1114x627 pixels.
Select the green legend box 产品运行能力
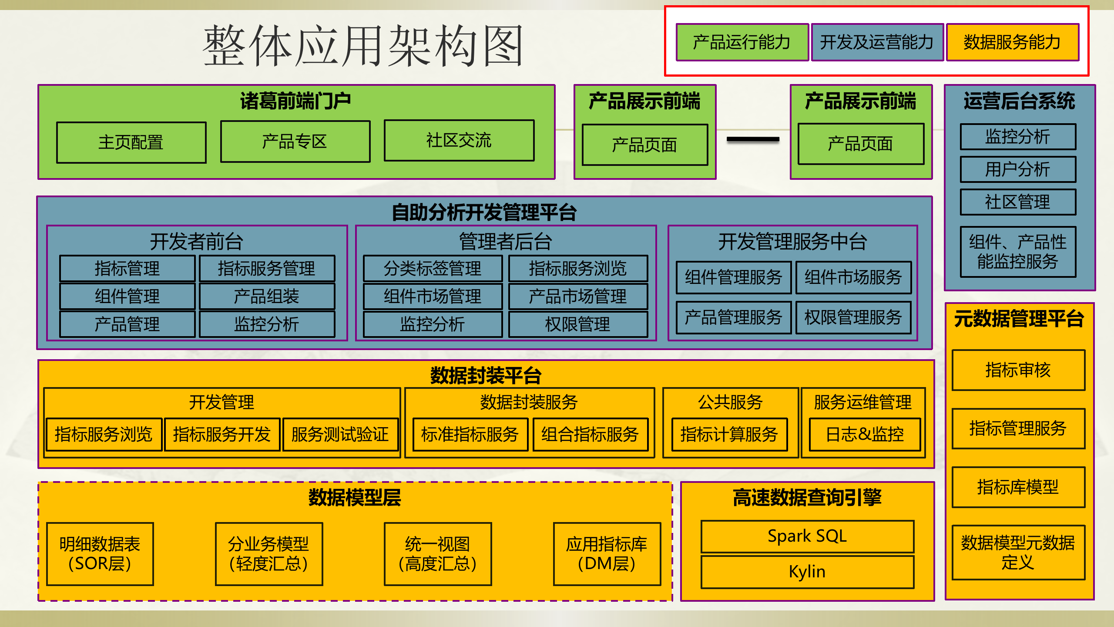(x=742, y=42)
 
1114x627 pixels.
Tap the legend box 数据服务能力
(x=1012, y=42)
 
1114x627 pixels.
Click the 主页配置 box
(x=131, y=142)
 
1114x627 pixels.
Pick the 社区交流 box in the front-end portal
(x=459, y=141)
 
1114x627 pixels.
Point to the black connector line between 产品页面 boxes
(x=753, y=139)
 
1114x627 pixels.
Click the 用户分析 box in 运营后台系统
(x=1018, y=169)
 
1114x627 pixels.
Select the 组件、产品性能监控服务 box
(x=1018, y=252)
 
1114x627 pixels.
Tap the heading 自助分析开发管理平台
(x=484, y=212)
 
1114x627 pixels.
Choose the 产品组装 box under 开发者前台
(x=267, y=297)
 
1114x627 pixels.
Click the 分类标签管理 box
(x=433, y=268)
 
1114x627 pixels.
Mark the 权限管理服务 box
(x=853, y=317)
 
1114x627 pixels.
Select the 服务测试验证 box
(x=340, y=435)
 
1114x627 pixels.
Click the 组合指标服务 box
(x=590, y=435)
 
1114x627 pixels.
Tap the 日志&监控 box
(x=865, y=435)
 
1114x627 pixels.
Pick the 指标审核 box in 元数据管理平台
(x=1018, y=370)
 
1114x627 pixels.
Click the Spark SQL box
(x=807, y=536)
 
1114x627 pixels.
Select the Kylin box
(x=807, y=572)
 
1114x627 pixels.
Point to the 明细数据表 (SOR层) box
(x=100, y=554)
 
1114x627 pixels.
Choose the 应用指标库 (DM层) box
(x=607, y=554)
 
